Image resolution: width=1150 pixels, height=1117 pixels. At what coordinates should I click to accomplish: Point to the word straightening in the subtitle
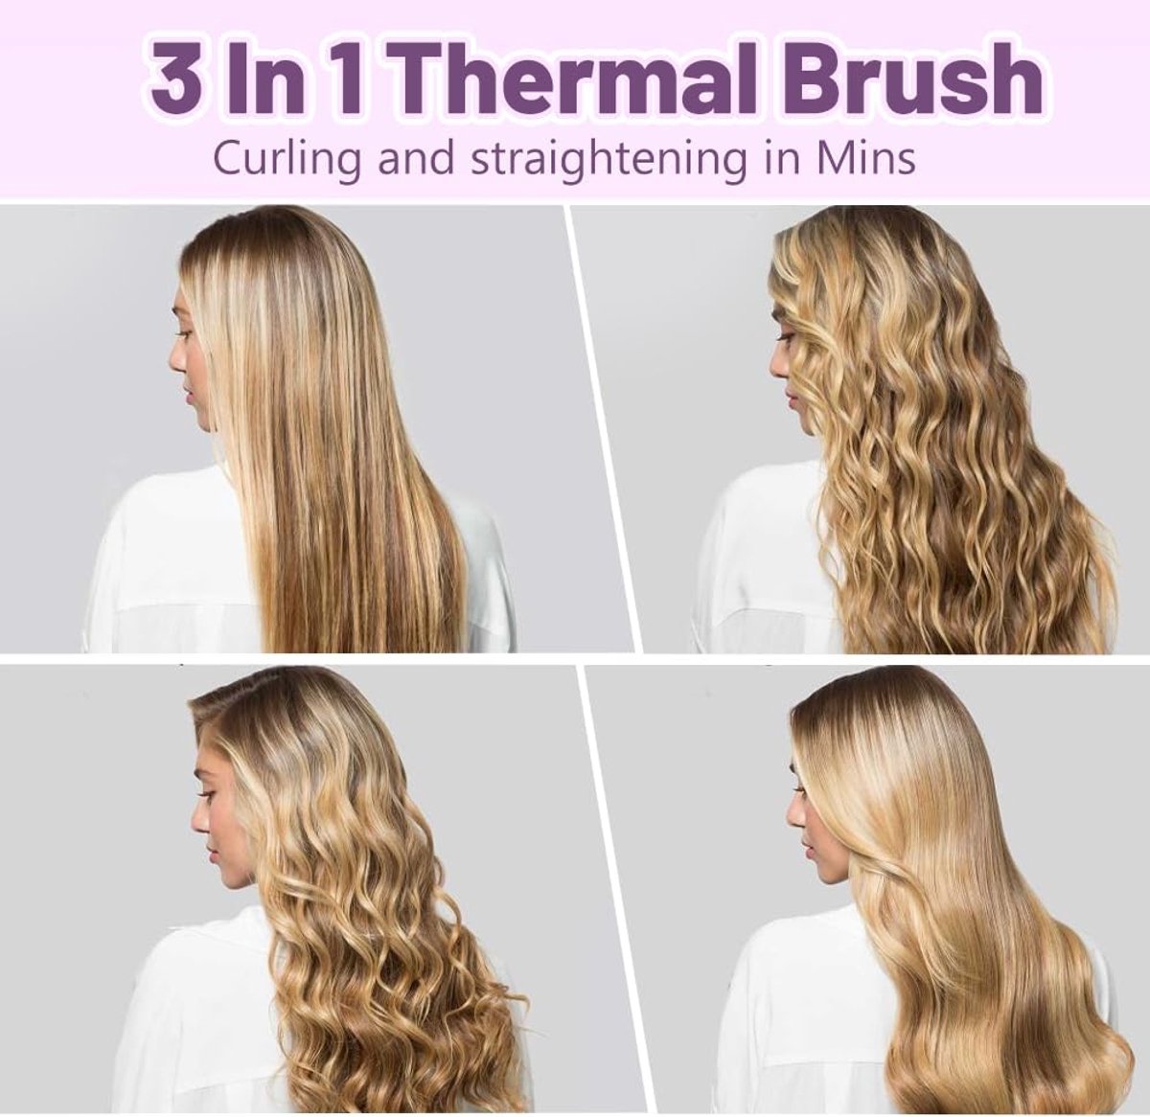coord(609,158)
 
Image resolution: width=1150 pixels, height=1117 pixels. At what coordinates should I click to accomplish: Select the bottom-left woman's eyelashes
coord(207,796)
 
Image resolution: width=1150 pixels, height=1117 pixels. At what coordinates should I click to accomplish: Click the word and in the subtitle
coord(417,158)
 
